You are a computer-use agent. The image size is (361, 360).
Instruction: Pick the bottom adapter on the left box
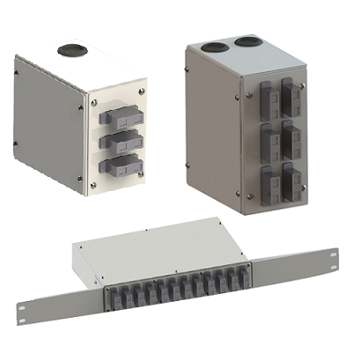point(117,165)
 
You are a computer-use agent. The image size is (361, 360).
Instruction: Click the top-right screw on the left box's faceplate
point(142,86)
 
